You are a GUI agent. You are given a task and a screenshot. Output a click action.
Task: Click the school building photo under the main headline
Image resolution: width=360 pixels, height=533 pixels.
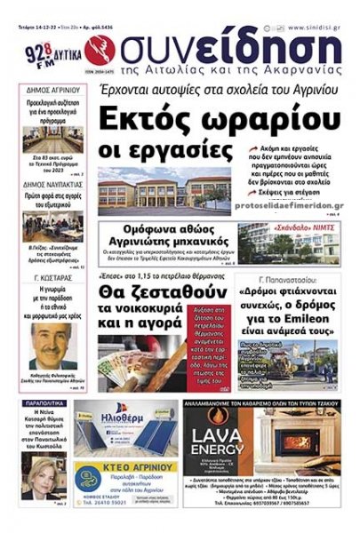pos(164,192)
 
